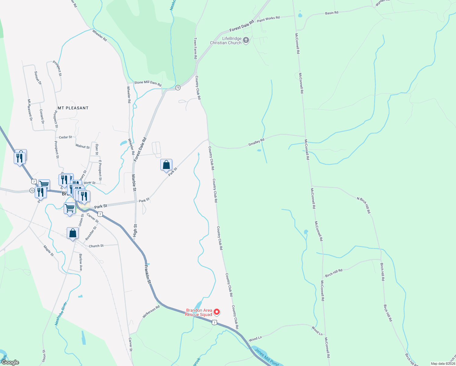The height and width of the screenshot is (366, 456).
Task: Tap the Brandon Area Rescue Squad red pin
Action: point(216,312)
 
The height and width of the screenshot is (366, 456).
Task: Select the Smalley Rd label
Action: point(256,142)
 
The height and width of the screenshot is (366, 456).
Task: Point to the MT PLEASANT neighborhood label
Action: point(73,108)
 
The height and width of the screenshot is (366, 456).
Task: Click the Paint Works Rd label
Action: point(268,19)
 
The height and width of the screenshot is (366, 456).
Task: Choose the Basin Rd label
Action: point(332,13)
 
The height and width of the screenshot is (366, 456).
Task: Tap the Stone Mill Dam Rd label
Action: point(148,83)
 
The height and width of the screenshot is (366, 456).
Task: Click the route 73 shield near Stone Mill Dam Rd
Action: point(178,88)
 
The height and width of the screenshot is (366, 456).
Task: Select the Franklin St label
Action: point(148,274)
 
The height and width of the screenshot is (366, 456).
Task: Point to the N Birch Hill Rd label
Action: point(364,205)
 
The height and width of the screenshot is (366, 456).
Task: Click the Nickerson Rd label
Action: point(151,312)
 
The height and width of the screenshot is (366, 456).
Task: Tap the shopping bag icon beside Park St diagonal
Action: point(166,165)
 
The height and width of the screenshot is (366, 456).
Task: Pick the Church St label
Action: point(96,246)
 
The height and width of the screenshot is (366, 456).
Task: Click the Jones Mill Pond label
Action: point(266,357)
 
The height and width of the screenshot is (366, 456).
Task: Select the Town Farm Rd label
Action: point(196,48)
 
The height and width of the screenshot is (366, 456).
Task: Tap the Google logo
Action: point(10,362)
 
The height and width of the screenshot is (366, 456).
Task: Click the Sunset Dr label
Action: point(38,78)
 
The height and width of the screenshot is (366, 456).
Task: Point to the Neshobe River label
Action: point(60,314)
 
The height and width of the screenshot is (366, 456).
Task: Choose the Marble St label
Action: point(134,182)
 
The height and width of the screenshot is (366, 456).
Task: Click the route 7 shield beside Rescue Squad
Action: point(215,322)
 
